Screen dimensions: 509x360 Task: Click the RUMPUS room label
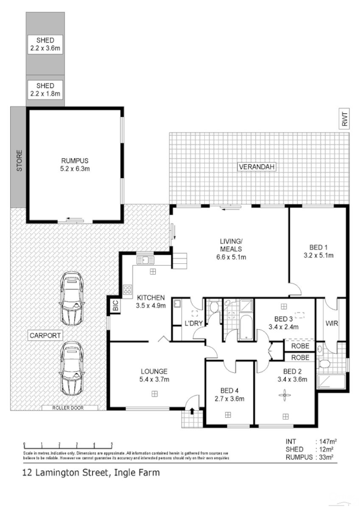click(75, 161)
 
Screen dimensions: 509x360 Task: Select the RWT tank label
click(344, 119)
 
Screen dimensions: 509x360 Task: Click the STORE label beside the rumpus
click(19, 161)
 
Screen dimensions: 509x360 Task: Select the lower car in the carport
click(71, 368)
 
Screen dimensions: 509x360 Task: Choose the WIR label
click(332, 324)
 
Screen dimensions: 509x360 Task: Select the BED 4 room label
click(228, 390)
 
